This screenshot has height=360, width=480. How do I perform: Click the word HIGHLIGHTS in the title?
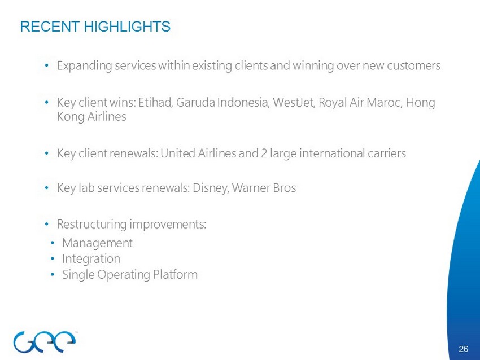pyautogui.click(x=127, y=27)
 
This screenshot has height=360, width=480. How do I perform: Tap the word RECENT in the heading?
pyautogui.click(x=50, y=27)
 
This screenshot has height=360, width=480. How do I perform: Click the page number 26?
pyautogui.click(x=464, y=349)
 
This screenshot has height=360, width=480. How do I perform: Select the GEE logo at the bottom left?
pyautogui.click(x=45, y=341)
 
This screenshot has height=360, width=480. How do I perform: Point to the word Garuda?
pyautogui.click(x=195, y=103)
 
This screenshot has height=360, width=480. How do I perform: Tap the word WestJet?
pyautogui.click(x=294, y=103)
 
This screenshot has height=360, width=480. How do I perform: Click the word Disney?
pyautogui.click(x=211, y=188)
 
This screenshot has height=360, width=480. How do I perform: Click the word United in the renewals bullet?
pyautogui.click(x=178, y=153)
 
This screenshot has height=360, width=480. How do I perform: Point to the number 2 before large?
pyautogui.click(x=264, y=153)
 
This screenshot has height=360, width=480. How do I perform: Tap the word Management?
pyautogui.click(x=97, y=243)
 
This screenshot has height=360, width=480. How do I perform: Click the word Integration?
pyautogui.click(x=91, y=259)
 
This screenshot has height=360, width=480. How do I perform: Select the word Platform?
pyautogui.click(x=175, y=274)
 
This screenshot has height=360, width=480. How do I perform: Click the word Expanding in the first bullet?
pyautogui.click(x=85, y=66)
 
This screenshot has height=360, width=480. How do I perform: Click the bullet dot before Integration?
pyautogui.click(x=53, y=259)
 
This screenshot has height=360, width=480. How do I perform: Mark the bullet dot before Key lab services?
pyautogui.click(x=46, y=188)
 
